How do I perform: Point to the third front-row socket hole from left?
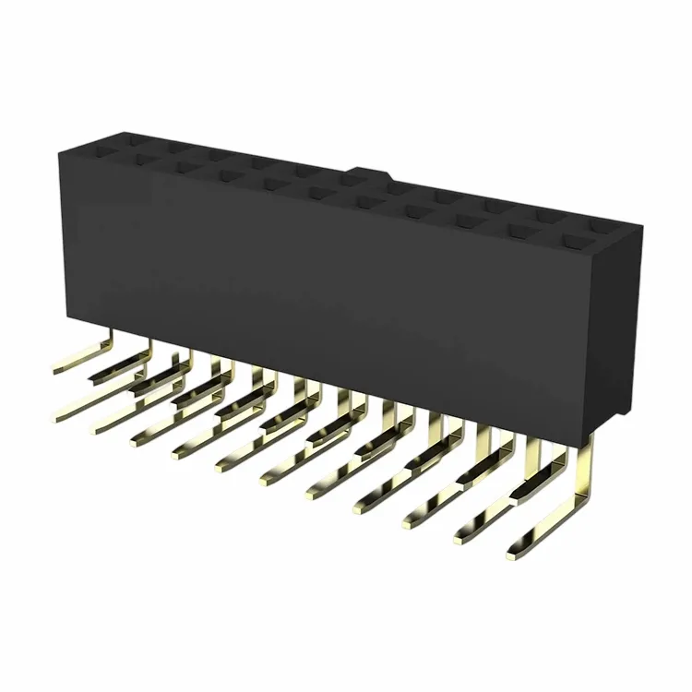225,175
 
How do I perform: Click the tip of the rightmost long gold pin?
513,554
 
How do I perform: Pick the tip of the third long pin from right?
409,522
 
